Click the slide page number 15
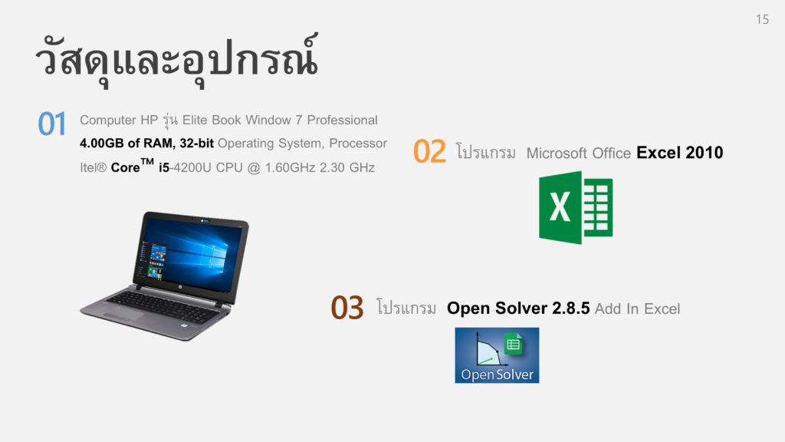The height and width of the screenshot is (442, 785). coord(762,19)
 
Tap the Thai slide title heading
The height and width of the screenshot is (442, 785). coord(176,59)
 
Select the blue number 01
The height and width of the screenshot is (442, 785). coord(52,124)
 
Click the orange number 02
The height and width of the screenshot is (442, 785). coord(429,151)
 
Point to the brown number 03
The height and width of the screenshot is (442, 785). coord(347,308)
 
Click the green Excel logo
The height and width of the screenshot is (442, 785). coord(576,207)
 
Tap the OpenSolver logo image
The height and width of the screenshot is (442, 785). coord(497,355)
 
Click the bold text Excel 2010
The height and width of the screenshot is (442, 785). coord(679,153)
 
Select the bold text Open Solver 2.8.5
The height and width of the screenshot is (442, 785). coord(518,308)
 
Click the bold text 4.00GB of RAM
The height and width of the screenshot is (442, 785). coord(126,143)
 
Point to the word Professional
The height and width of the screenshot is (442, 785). coord(343,120)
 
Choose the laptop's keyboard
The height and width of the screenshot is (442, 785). coord(163,307)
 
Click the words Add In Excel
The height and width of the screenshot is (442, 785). coord(637,308)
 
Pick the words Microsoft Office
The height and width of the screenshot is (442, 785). coord(578,153)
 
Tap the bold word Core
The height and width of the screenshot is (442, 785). coord(125,167)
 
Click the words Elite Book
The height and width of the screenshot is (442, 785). coord(212,120)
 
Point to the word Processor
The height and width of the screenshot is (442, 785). coord(358,143)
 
